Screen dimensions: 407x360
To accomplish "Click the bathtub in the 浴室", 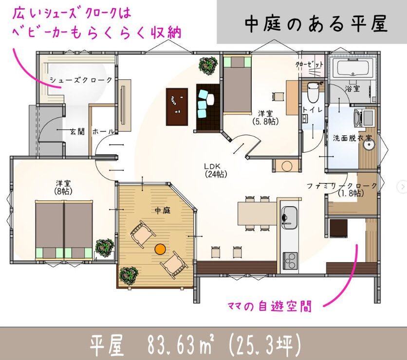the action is point(353,67).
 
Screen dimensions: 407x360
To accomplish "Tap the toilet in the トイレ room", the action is point(312,92).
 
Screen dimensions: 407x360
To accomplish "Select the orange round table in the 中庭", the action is point(160,249).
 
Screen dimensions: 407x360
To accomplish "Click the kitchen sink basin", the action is point(289,218).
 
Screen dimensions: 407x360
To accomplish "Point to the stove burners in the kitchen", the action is point(290,260).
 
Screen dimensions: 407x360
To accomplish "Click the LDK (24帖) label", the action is point(216,170).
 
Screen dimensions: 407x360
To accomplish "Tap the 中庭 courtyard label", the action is point(163,210).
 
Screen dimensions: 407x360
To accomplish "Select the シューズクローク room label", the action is point(81,80).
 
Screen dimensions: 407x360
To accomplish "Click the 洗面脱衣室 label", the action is point(352,138).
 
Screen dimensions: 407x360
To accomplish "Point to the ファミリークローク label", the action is point(342,186).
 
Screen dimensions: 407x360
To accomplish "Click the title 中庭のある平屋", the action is point(316,24).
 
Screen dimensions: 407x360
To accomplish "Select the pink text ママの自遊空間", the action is point(269,306).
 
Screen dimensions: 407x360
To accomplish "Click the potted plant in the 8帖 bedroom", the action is point(105,248).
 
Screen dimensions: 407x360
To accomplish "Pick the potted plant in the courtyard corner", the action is point(129,276).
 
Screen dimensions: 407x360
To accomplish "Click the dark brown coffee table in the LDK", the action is point(177,107).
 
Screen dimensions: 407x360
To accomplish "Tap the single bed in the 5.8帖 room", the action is point(237,85).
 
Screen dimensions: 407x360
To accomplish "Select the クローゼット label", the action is point(310,64).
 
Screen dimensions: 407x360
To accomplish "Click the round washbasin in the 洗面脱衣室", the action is point(369,145).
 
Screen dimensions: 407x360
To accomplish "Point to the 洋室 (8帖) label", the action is point(63,187).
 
